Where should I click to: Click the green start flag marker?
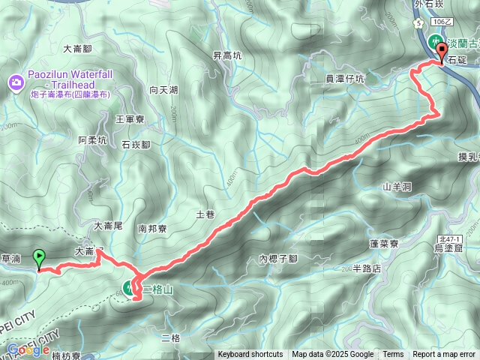(39, 259)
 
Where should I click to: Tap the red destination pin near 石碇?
(441, 51)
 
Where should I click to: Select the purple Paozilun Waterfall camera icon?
(15, 81)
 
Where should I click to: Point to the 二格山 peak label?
(158, 289)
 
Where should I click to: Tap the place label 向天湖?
(163, 90)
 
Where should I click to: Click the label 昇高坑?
(227, 55)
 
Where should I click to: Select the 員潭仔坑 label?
(345, 78)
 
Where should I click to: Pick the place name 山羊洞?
(397, 186)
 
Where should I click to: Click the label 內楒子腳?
(278, 259)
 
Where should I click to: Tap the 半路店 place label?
(367, 268)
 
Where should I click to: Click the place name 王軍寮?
(130, 118)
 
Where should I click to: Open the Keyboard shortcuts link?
(250, 355)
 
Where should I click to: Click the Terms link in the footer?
(393, 355)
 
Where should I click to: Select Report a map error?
(444, 355)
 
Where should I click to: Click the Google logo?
(28, 349)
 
